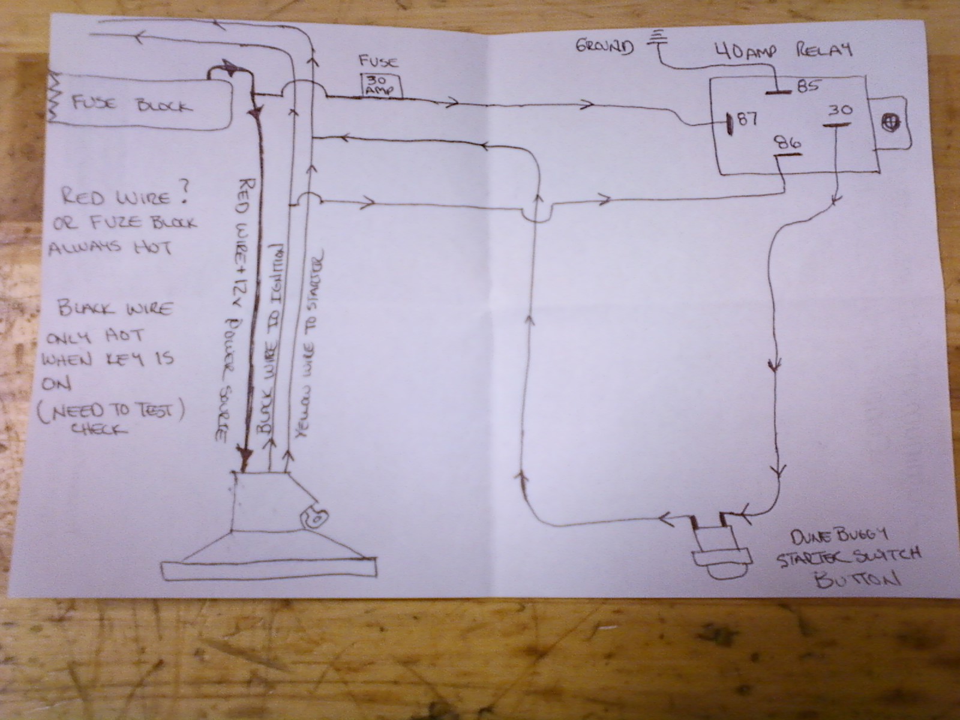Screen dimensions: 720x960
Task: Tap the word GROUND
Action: tap(604, 46)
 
